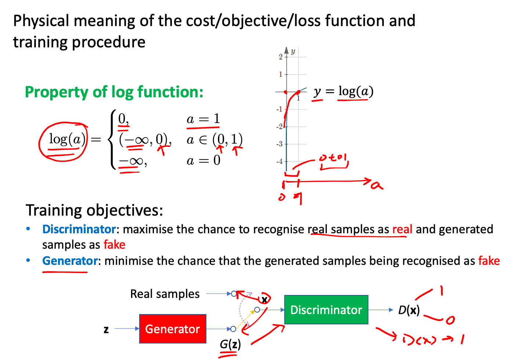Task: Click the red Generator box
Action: pos(173,329)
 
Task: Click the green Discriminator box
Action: pos(326,310)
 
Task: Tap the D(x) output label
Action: pos(409,310)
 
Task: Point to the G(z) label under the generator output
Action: pos(230,344)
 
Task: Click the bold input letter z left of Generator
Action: pos(106,329)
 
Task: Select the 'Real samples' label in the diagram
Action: pos(165,294)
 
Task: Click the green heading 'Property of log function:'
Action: pos(114,92)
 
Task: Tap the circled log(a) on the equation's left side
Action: pos(67,140)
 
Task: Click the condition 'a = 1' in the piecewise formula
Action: pos(203,119)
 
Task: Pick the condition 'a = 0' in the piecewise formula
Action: pos(203,161)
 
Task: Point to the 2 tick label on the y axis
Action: pos(281,57)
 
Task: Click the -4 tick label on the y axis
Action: pos(280,161)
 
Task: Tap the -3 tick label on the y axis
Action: pos(280,144)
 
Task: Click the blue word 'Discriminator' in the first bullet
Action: pos(79,229)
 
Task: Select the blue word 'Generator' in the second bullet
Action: pos(70,261)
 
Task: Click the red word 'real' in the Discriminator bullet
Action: pos(402,229)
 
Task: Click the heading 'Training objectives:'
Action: pos(94,210)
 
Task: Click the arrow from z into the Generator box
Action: pos(127,329)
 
